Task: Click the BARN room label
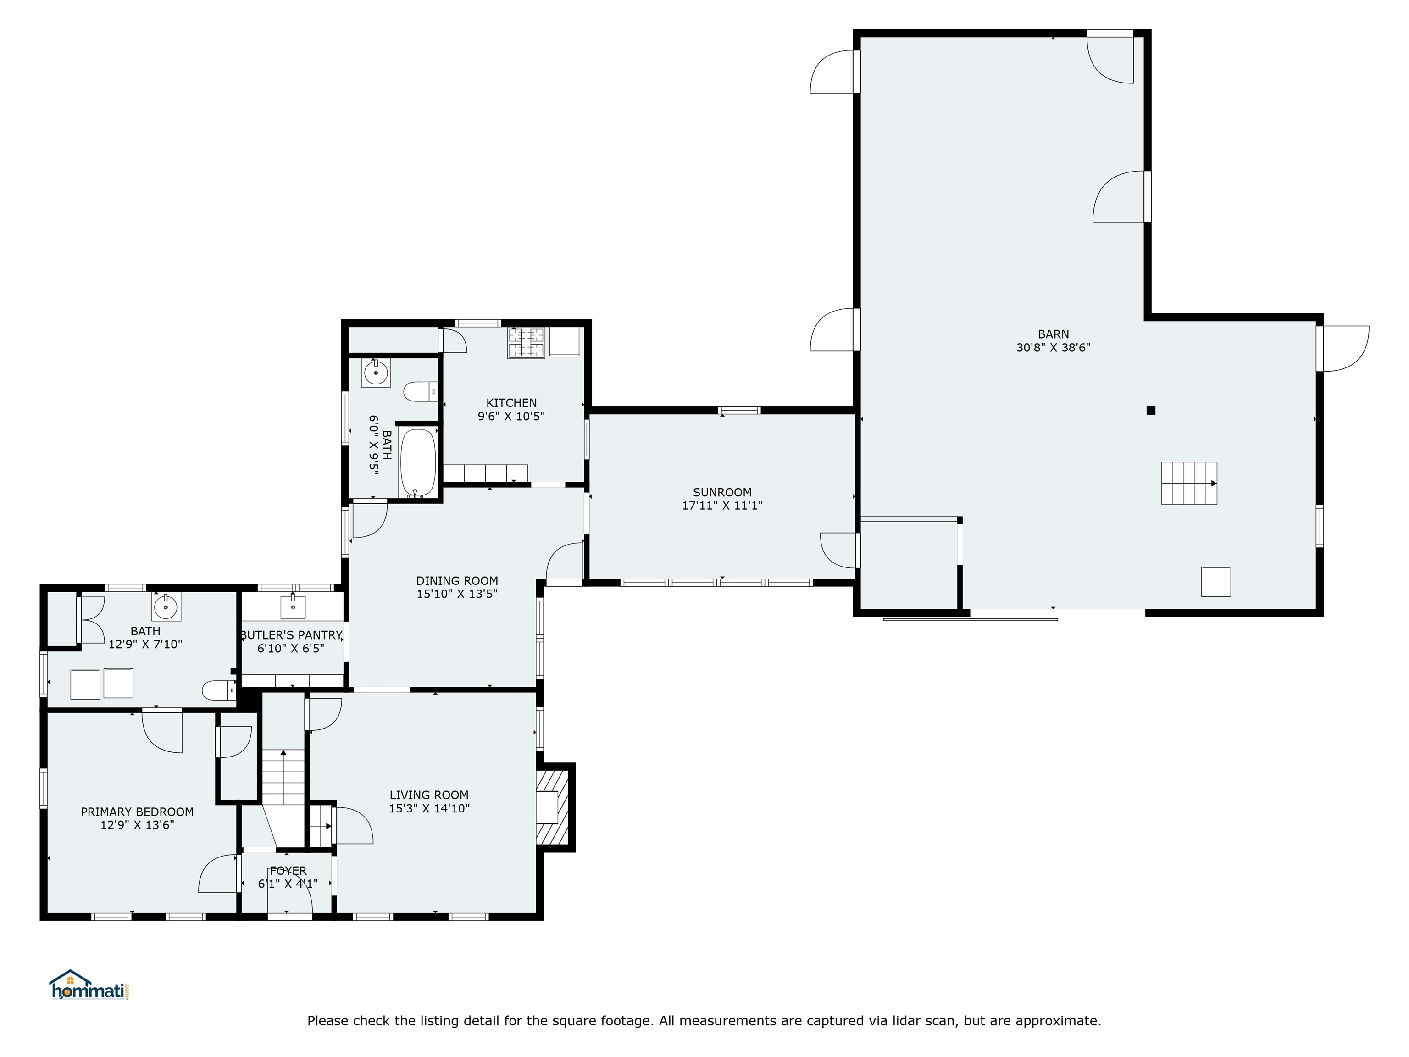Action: pyautogui.click(x=1053, y=334)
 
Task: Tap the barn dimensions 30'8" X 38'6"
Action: pyautogui.click(x=1053, y=348)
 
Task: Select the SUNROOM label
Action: pyautogui.click(x=722, y=492)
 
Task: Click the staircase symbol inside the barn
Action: pyautogui.click(x=1188, y=483)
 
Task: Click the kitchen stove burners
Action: pyautogui.click(x=526, y=343)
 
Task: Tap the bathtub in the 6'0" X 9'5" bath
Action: pyautogui.click(x=418, y=462)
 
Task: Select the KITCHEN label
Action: pyautogui.click(x=511, y=403)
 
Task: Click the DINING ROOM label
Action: pyautogui.click(x=457, y=580)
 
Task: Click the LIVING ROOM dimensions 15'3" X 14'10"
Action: pyautogui.click(x=429, y=808)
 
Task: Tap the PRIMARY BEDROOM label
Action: pyautogui.click(x=137, y=812)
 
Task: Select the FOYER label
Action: pyautogui.click(x=288, y=870)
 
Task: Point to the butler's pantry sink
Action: pyautogui.click(x=293, y=607)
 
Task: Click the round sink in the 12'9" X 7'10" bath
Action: pyautogui.click(x=166, y=606)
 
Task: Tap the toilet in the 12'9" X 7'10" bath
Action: pyautogui.click(x=218, y=690)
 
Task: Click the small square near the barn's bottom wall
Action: pyautogui.click(x=1216, y=582)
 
